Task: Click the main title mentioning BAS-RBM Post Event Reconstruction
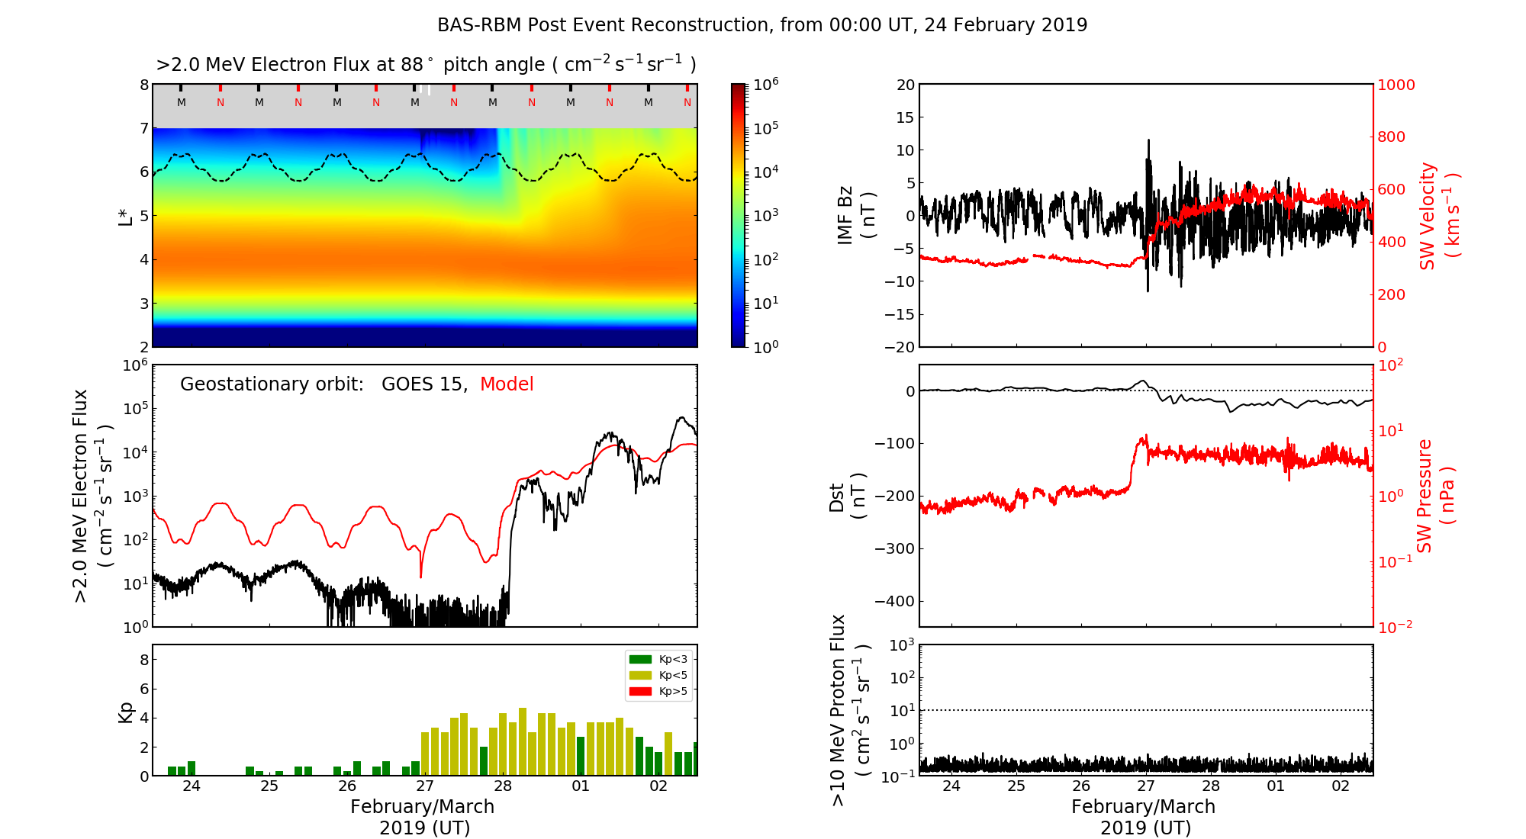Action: (762, 25)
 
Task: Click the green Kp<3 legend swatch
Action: (639, 659)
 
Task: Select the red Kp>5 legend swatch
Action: (639, 692)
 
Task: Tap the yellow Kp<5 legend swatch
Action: (639, 675)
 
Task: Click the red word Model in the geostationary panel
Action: (507, 384)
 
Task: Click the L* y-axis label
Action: (126, 215)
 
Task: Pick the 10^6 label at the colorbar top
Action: (766, 84)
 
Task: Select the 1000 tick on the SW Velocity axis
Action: (1396, 85)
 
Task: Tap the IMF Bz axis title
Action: (855, 216)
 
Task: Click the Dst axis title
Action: (847, 496)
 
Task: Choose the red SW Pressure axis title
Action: (1434, 496)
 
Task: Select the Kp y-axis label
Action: (126, 712)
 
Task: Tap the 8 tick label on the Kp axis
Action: (144, 660)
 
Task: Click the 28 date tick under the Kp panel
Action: (503, 786)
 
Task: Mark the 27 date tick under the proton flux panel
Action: (1146, 786)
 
